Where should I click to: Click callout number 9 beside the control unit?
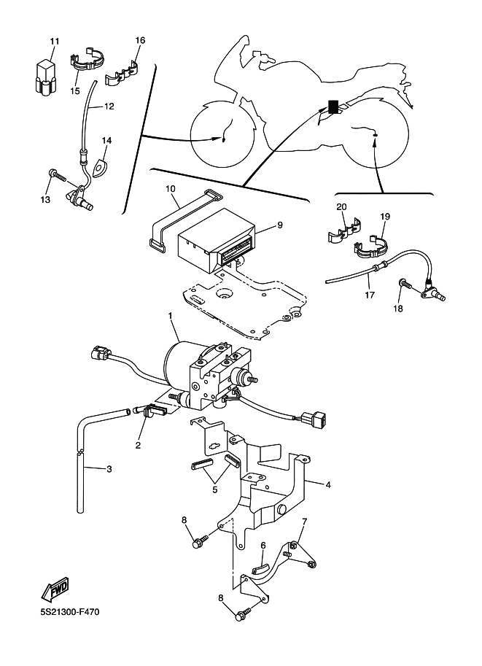(280, 225)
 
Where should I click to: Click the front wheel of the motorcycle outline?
(222, 134)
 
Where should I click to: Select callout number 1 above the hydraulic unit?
(171, 316)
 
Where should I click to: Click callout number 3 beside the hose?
(109, 469)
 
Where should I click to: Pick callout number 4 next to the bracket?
(328, 484)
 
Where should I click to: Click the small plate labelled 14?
(100, 166)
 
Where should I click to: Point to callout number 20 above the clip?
(341, 207)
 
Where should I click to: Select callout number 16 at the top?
(140, 40)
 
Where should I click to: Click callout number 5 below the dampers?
(215, 489)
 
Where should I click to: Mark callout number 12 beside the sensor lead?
(109, 107)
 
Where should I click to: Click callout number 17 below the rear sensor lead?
(370, 295)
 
